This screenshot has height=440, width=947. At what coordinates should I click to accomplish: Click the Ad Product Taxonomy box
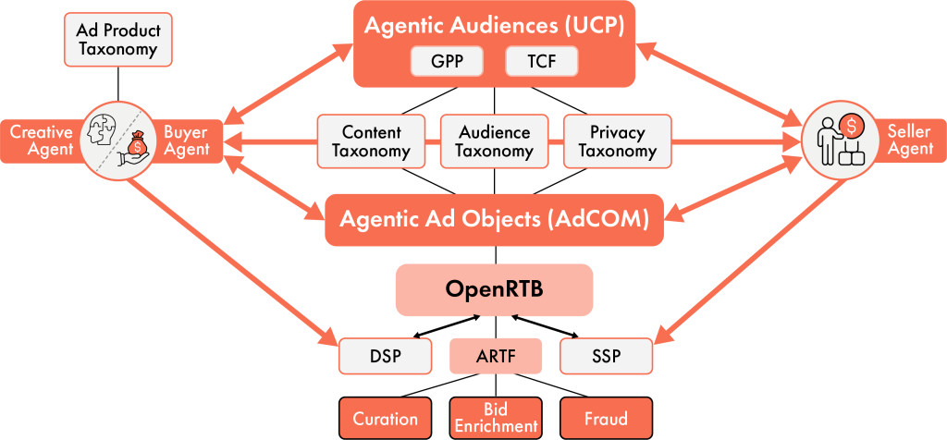pyautogui.click(x=117, y=40)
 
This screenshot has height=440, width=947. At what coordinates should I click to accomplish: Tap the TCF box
pyautogui.click(x=541, y=62)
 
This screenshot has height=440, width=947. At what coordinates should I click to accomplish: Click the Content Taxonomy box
pyautogui.click(x=371, y=141)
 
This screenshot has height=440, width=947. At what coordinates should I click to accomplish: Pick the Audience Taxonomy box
pyautogui.click(x=494, y=141)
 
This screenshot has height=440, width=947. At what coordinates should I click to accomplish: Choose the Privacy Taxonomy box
pyautogui.click(x=617, y=141)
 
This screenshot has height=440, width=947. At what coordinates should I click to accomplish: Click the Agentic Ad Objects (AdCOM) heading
pyautogui.click(x=494, y=220)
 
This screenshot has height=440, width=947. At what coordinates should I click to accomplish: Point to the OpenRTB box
pyautogui.click(x=494, y=289)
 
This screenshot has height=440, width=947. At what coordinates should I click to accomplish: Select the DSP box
pyautogui.click(x=385, y=356)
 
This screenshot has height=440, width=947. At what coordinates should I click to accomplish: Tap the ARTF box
pyautogui.click(x=495, y=356)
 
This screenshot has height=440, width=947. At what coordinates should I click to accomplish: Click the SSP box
pyautogui.click(x=606, y=356)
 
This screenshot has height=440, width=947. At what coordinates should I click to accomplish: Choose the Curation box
pyautogui.click(x=385, y=418)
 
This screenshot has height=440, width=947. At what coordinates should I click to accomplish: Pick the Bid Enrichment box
pyautogui.click(x=496, y=418)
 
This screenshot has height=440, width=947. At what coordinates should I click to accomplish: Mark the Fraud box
pyautogui.click(x=606, y=418)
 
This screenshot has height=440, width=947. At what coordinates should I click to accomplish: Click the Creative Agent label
pyautogui.click(x=41, y=141)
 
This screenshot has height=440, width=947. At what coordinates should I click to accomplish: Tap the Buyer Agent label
pyautogui.click(x=187, y=141)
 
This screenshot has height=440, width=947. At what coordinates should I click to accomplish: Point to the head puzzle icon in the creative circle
pyautogui.click(x=103, y=129)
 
